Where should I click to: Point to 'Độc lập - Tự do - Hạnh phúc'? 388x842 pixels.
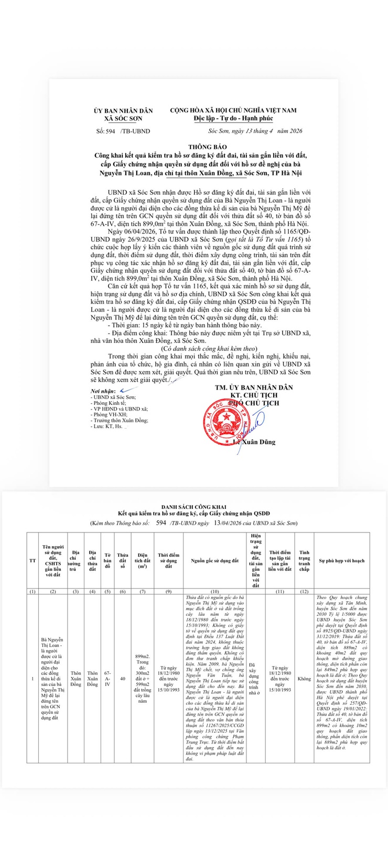click(233, 119)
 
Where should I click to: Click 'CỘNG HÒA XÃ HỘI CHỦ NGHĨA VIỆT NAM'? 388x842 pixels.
click(233, 110)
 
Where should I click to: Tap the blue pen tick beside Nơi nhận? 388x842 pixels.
click(124, 390)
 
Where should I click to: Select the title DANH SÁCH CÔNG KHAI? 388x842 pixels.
click(193, 507)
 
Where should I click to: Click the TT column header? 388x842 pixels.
click(33, 560)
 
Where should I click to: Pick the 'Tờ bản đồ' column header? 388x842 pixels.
click(107, 560)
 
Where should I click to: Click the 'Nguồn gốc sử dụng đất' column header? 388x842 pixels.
click(215, 560)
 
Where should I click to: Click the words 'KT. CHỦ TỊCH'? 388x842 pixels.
click(253, 395)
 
